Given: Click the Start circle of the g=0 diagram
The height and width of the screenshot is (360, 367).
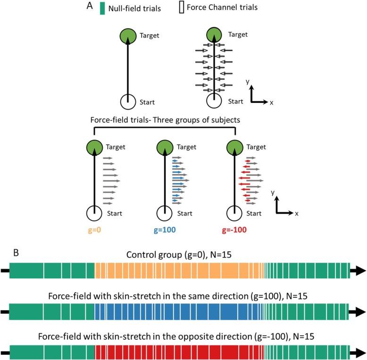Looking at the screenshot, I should [x=95, y=214].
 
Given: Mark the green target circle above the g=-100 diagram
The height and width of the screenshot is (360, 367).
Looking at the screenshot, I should [x=235, y=147].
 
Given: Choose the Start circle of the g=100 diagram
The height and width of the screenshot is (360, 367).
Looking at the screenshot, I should [x=166, y=214].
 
